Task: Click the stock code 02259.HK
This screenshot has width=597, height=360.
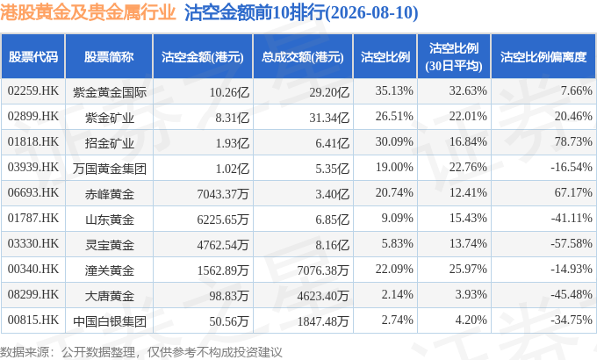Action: (33, 91)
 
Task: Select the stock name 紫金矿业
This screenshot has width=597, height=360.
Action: (110, 118)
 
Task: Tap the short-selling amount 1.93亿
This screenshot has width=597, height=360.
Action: (233, 143)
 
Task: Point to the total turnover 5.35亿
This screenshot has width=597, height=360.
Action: (332, 169)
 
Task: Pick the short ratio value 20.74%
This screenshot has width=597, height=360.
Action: (394, 193)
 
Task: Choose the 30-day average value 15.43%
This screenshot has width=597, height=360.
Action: (468, 219)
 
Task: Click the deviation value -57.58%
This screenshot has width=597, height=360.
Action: (572, 243)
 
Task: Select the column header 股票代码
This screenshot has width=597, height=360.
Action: (33, 57)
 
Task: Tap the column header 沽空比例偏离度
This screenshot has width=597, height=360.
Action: (543, 57)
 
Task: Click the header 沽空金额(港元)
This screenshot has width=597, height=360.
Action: (203, 57)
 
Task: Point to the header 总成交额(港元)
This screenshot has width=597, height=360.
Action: (303, 57)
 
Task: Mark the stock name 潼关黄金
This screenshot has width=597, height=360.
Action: (110, 270)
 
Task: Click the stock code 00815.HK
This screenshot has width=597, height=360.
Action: (33, 320)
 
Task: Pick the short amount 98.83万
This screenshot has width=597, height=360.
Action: (229, 296)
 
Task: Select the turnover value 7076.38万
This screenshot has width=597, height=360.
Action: (323, 270)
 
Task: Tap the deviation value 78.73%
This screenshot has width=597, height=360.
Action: (573, 141)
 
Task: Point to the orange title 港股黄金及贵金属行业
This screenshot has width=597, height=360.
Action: (88, 12)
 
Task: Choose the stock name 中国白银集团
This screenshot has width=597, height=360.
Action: (110, 321)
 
